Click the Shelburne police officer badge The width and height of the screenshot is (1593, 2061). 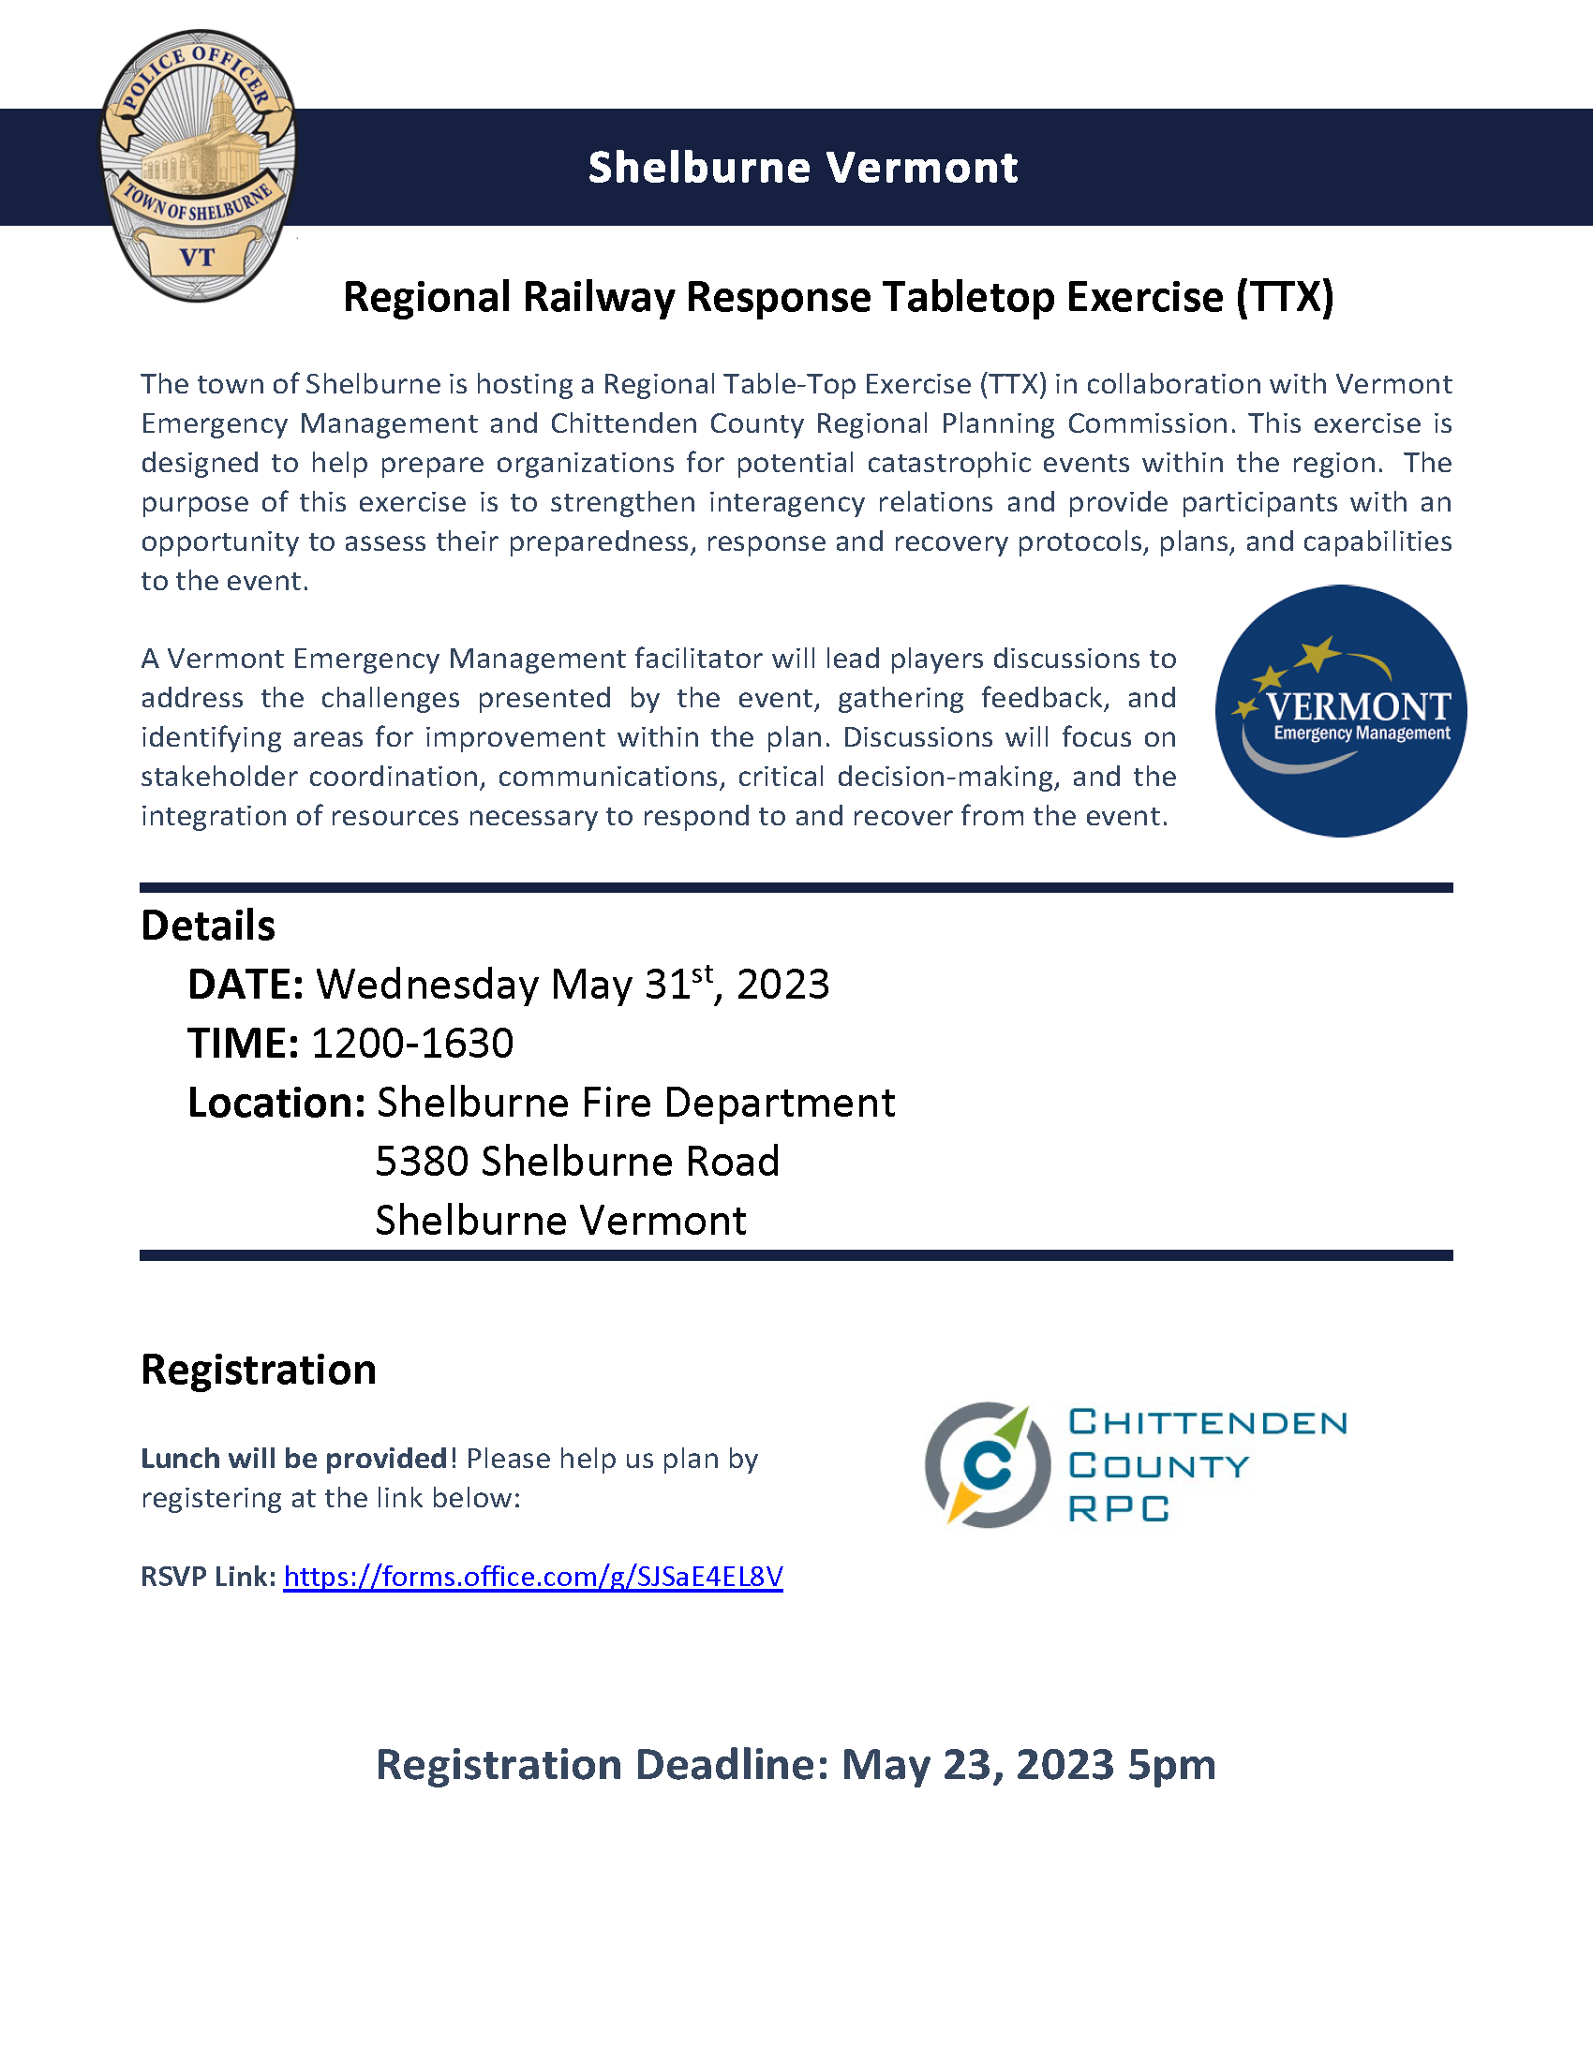(198, 165)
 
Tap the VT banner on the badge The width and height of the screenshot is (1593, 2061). (197, 257)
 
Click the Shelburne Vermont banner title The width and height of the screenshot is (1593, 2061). (802, 168)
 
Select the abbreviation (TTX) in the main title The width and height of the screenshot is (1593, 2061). (1285, 297)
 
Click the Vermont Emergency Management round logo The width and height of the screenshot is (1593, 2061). (1340, 711)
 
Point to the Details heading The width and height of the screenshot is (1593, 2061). (208, 926)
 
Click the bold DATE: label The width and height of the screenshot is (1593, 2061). (246, 985)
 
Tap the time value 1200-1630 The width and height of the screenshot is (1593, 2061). (412, 1044)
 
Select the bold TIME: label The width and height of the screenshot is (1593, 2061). (243, 1044)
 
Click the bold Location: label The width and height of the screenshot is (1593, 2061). (276, 1103)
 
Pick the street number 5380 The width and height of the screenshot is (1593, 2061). (422, 1162)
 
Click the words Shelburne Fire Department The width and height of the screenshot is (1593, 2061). (636, 1103)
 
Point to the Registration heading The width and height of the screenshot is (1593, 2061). (259, 1370)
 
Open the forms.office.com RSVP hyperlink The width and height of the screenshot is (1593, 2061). (533, 1577)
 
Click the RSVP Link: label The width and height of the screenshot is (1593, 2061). (209, 1577)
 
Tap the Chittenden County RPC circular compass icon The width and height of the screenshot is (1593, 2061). (987, 1464)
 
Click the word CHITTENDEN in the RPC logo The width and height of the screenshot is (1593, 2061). (1208, 1422)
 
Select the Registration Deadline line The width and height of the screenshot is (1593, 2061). (796, 1765)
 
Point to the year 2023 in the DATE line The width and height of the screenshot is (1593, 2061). (782, 985)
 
